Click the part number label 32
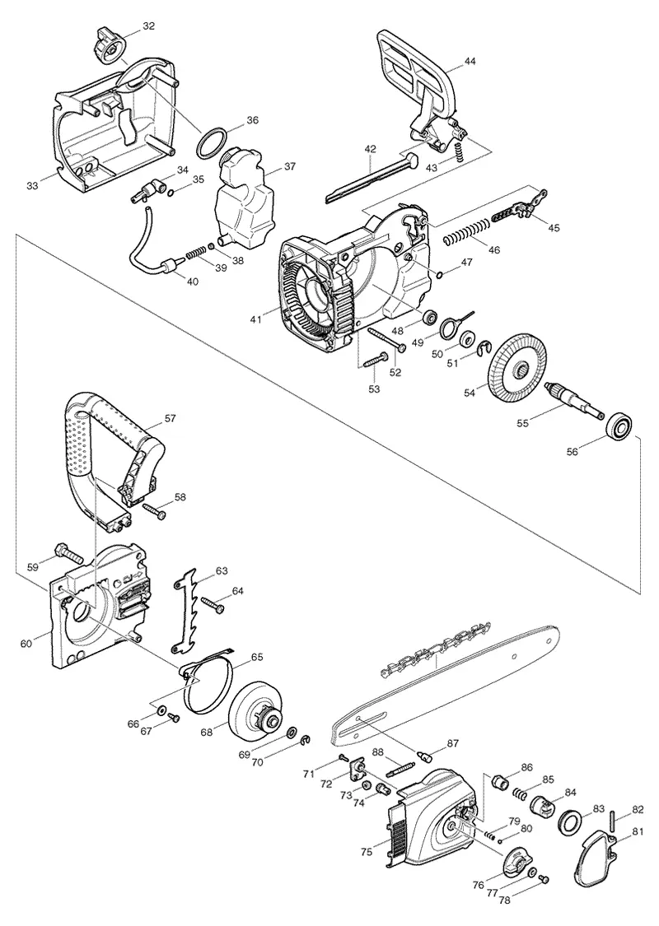148,26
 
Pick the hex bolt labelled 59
68,553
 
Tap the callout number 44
470,61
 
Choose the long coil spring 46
466,231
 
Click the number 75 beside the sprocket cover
367,851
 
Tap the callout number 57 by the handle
170,418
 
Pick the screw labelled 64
213,605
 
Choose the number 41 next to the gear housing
256,319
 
